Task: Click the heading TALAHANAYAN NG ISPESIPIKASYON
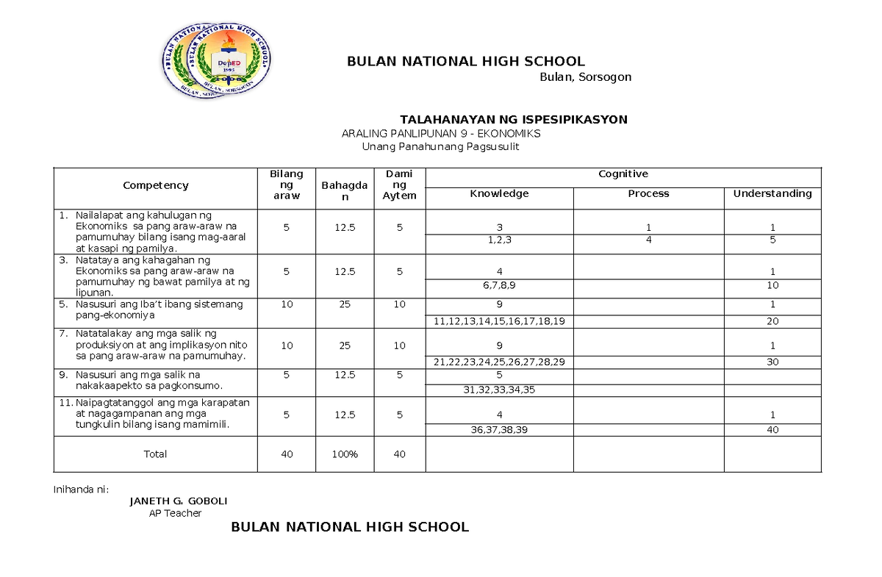click(513, 119)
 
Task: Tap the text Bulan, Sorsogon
click(585, 77)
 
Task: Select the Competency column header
click(156, 186)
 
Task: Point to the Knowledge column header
click(499, 193)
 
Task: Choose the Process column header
click(648, 193)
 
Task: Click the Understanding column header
click(772, 193)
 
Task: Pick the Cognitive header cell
click(623, 174)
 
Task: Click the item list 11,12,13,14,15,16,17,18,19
click(499, 321)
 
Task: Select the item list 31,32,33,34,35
click(499, 390)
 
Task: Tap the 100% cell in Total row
click(344, 454)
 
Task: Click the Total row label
click(155, 454)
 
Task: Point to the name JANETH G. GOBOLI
click(178, 501)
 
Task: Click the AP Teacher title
click(175, 513)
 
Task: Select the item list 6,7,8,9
click(499, 285)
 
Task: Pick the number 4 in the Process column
click(648, 240)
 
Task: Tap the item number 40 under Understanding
click(772, 430)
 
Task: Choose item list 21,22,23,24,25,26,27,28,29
click(499, 362)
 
